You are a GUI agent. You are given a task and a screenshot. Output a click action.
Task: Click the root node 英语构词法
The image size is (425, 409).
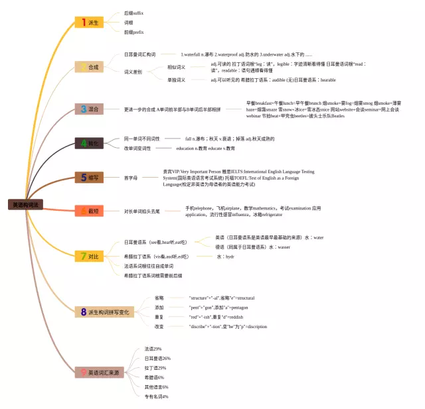tap(25, 205)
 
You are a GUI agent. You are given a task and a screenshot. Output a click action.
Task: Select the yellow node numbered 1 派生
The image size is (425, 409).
tap(88, 23)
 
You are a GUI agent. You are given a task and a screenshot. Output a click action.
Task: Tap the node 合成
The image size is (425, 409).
tap(88, 67)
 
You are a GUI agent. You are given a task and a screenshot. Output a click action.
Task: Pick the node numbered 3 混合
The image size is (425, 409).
tap(88, 109)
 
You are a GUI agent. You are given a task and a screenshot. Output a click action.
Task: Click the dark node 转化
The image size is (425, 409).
tap(88, 143)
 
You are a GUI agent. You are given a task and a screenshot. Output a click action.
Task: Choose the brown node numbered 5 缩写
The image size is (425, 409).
tap(88, 177)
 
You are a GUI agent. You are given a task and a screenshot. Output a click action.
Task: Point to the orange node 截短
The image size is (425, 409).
tap(88, 211)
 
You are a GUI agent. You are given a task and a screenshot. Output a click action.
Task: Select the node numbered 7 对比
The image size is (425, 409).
tap(88, 256)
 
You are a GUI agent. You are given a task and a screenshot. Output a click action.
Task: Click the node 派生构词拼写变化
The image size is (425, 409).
tap(104, 312)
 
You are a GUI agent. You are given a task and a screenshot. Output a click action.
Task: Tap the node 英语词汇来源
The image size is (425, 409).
tap(99, 373)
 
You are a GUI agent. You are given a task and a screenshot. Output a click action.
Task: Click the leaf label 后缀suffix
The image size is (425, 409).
tap(133, 13)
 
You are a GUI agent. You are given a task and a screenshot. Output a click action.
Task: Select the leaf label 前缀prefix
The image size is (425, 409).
tap(133, 32)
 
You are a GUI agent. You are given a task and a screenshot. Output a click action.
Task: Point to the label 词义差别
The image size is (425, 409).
tap(133, 72)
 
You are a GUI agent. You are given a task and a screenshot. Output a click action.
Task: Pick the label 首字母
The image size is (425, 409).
tap(131, 178)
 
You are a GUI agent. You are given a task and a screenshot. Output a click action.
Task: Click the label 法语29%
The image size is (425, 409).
tap(153, 349)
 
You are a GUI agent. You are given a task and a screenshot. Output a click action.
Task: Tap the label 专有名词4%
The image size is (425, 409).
tap(157, 396)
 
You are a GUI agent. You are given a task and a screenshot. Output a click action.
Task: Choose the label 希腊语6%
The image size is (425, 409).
tap(154, 377)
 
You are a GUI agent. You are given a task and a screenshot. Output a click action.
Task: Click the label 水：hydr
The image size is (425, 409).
tap(225, 257)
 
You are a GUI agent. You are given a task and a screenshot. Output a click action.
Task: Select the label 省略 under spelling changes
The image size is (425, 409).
tap(159, 298)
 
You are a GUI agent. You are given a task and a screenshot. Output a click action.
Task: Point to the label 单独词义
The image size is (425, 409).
tap(176, 80)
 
